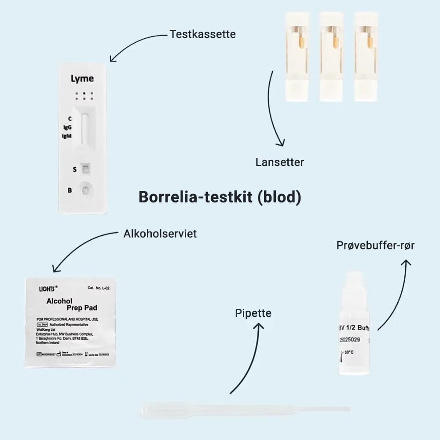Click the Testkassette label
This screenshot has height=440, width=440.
click(x=202, y=34)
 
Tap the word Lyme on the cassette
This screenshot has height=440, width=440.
click(x=82, y=79)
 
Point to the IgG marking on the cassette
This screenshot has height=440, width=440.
click(x=67, y=127)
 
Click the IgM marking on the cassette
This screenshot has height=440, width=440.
click(x=66, y=136)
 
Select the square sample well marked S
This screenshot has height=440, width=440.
click(x=86, y=169)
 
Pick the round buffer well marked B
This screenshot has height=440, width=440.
click(x=85, y=190)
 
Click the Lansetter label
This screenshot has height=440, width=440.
click(x=280, y=162)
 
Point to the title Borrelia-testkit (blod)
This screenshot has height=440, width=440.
click(x=220, y=197)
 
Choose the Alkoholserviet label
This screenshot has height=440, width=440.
click(x=160, y=234)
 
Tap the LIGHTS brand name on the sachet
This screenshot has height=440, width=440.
click(x=48, y=289)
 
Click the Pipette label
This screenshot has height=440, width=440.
click(x=253, y=313)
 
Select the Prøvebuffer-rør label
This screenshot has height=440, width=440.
click(x=375, y=246)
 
